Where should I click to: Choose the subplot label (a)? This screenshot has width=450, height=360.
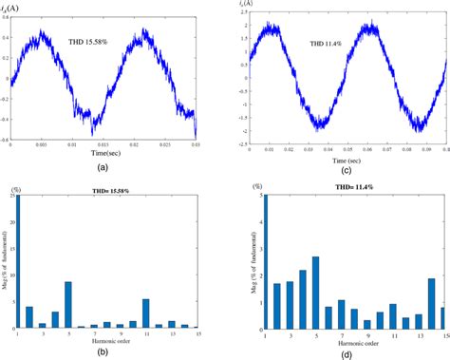click(x=102, y=165)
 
